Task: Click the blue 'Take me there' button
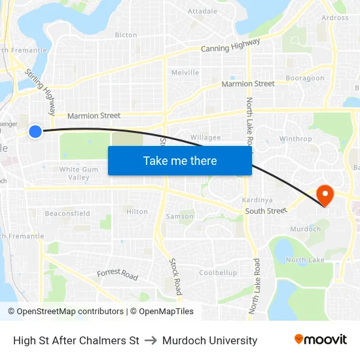180,160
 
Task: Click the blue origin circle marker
35,132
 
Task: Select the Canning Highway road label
230,45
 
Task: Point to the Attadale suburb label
202,11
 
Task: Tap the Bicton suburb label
126,35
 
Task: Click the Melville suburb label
185,73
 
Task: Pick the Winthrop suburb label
295,139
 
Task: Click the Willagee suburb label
205,137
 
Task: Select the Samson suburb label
179,216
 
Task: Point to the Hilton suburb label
137,211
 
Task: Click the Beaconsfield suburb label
67,213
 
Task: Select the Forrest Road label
118,275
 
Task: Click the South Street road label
266,211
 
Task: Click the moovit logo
320,339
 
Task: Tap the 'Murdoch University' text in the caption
209,340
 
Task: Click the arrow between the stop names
151,340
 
